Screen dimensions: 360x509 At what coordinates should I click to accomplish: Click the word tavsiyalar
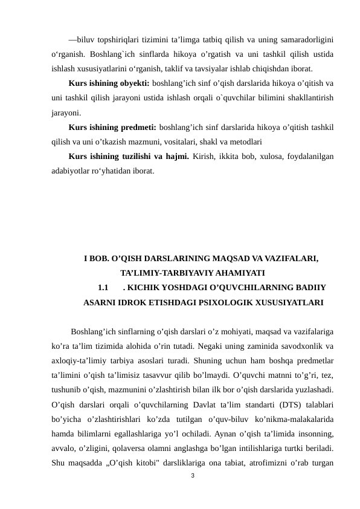coord(223,68)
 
